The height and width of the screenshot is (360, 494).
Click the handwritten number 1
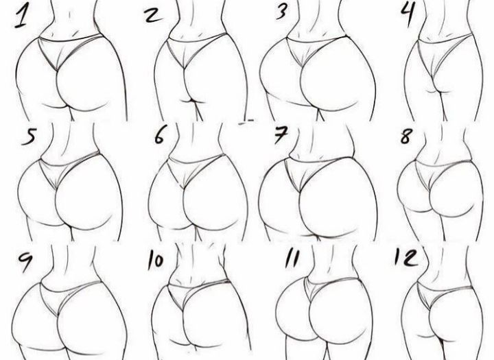(21, 17)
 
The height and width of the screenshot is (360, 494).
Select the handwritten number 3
(282, 11)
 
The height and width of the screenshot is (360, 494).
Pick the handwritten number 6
(159, 136)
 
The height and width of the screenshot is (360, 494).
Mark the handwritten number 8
(406, 136)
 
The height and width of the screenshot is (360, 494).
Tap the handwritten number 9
(25, 260)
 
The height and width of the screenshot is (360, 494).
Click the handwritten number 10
(156, 261)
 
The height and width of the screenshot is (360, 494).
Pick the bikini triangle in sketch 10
(186, 293)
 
